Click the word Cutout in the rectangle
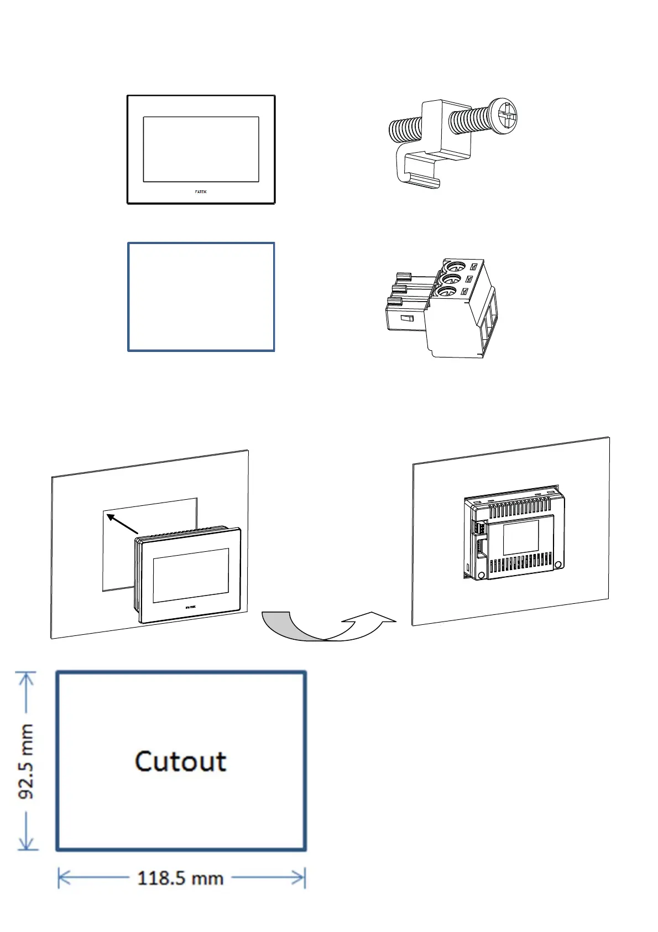click(180, 762)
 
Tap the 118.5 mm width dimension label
click(180, 878)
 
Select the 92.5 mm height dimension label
click(26, 762)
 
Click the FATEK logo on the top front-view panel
click(201, 191)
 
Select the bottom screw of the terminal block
click(448, 292)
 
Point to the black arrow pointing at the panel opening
click(121, 523)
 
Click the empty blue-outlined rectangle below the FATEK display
click(201, 297)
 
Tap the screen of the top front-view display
click(201, 149)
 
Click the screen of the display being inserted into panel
click(191, 575)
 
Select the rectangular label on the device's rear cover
click(520, 537)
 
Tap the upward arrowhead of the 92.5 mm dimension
click(27, 676)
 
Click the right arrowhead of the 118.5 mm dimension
click(301, 878)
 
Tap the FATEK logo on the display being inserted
click(190, 607)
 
